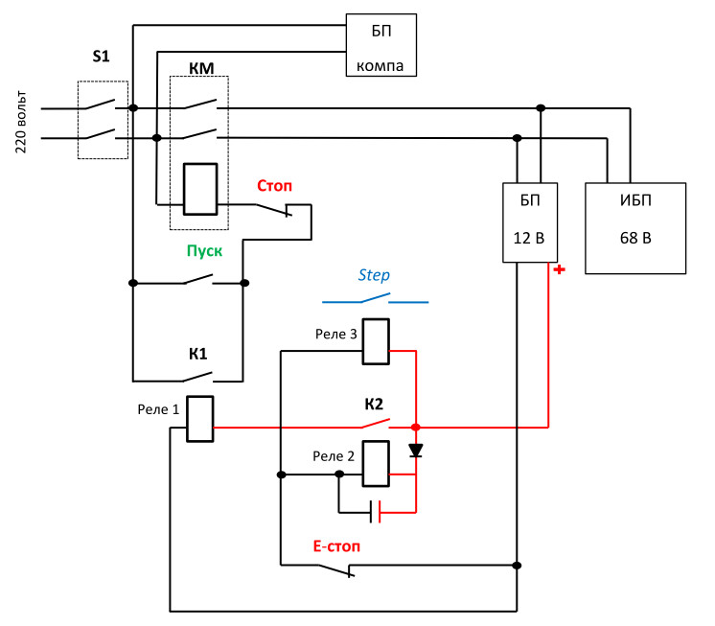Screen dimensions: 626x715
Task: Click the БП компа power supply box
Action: tap(381, 45)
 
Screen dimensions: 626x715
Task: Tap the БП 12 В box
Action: tap(528, 221)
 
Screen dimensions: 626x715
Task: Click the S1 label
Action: tap(101, 58)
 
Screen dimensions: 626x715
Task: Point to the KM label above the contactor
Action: tap(200, 68)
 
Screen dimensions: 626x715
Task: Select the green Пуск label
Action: tap(204, 251)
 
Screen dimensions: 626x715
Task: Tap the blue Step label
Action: tap(374, 275)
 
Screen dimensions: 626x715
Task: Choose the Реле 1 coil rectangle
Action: tap(199, 419)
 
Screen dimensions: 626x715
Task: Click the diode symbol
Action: tap(415, 450)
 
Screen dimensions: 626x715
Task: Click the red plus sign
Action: tap(560, 269)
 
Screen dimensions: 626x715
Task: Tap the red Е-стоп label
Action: tap(335, 547)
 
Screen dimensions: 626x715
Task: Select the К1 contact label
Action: tap(198, 353)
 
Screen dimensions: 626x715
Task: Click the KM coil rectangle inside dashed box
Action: tap(200, 188)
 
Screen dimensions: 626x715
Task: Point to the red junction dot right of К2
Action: tap(415, 427)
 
